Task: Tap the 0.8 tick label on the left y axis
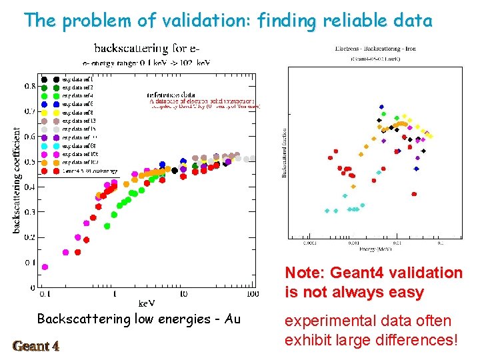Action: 30,86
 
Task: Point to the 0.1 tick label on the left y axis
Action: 30,263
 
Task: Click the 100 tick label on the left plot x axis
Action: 252,293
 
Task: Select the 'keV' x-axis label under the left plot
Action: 146,303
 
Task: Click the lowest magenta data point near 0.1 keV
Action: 45,267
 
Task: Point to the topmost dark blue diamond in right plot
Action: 381,107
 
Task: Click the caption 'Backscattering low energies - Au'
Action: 139,319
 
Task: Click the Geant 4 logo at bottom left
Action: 36,345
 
